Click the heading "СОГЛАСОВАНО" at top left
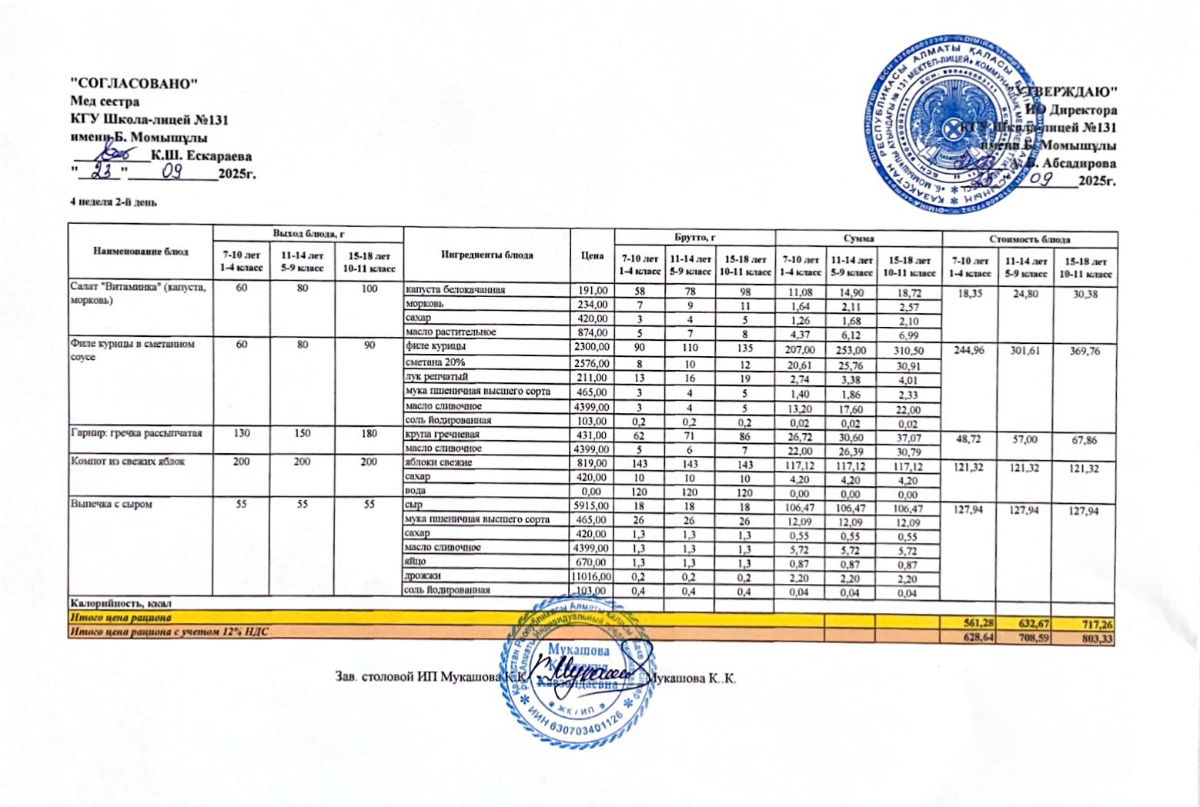(135, 83)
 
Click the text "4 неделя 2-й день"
(114, 202)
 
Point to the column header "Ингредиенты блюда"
(486, 255)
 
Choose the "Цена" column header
(592, 255)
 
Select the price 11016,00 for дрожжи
(591, 576)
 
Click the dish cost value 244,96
(969, 351)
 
